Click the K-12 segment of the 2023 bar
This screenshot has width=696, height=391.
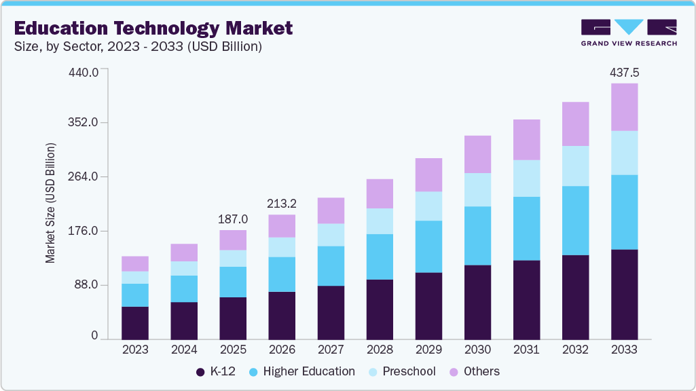(135, 323)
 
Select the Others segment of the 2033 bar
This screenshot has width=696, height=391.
(624, 107)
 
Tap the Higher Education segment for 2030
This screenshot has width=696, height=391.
(477, 236)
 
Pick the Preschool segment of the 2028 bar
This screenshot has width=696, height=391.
(380, 221)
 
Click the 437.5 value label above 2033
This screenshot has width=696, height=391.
(624, 72)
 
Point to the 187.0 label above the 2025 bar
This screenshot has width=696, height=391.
(233, 219)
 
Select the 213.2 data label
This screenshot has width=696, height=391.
(282, 204)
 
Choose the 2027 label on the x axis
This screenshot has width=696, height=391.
(331, 350)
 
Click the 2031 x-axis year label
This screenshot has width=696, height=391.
(526, 350)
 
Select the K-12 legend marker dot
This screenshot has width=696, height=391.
(200, 372)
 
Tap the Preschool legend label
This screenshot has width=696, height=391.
(409, 371)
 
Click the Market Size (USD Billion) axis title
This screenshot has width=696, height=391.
(50, 204)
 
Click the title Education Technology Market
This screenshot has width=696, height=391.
(153, 29)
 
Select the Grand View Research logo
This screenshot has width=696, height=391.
(629, 32)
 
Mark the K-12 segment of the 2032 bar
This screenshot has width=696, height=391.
(575, 297)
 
